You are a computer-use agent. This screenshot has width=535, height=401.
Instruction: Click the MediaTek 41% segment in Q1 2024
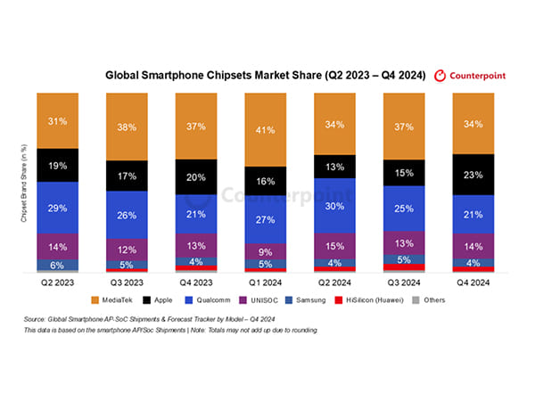(x=264, y=130)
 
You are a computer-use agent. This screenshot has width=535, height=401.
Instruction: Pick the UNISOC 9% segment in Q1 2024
(x=264, y=250)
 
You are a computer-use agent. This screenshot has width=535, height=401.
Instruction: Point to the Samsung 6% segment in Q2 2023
(x=57, y=265)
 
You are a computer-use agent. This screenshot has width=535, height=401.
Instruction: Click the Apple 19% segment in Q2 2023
(x=57, y=165)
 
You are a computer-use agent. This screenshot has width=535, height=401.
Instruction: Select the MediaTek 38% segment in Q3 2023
(x=126, y=126)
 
